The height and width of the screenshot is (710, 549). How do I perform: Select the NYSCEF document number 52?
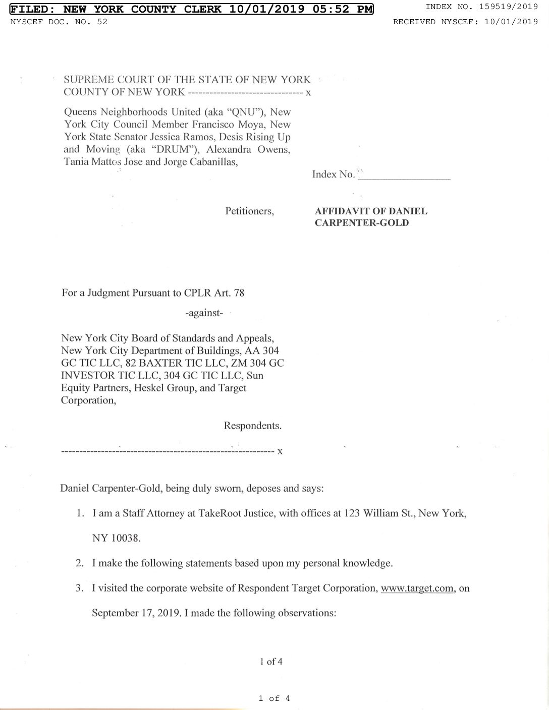[x=103, y=22]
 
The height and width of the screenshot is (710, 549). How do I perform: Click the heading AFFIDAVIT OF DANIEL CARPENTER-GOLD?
[x=370, y=217]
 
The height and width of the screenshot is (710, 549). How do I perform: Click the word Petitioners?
[x=249, y=211]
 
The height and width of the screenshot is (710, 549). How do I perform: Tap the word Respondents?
[x=252, y=426]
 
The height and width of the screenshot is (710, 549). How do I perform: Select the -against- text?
[x=204, y=313]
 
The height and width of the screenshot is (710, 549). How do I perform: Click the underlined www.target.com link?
[x=417, y=588]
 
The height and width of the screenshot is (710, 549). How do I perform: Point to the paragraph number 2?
[x=80, y=563]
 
